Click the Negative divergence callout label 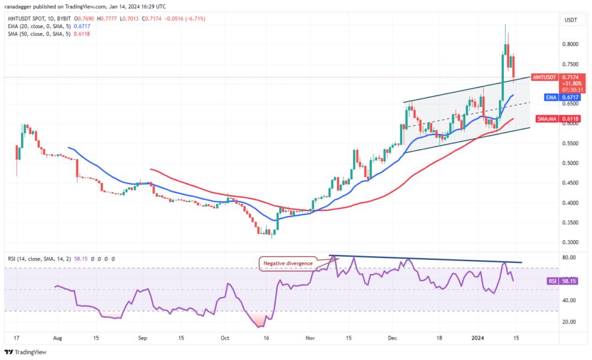click(x=288, y=263)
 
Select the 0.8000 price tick click(x=570, y=44)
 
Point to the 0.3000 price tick click(x=570, y=242)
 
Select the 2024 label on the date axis click(x=481, y=338)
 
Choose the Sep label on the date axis click(x=142, y=338)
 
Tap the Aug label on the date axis click(x=58, y=338)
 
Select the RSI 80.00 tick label click(x=569, y=257)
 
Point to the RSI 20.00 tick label click(x=569, y=322)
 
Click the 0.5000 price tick click(x=570, y=163)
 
